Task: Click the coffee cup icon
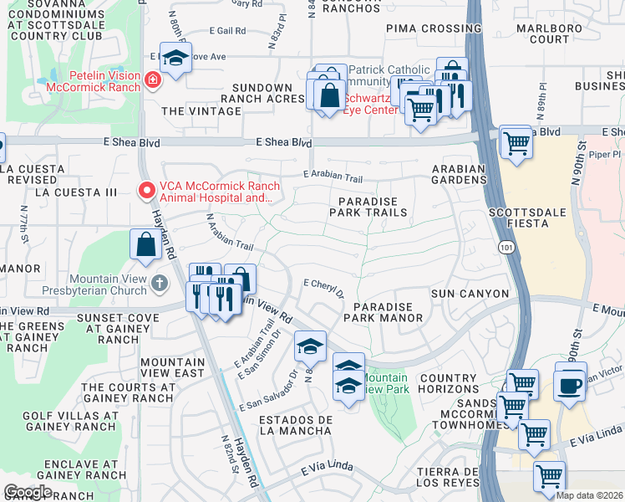tap(571, 385)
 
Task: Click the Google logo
tap(28, 491)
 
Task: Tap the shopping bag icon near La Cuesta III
tap(145, 244)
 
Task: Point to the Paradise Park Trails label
tap(373, 207)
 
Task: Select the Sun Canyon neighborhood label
tap(470, 294)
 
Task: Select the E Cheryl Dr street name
tap(324, 288)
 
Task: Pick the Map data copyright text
tap(588, 495)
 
